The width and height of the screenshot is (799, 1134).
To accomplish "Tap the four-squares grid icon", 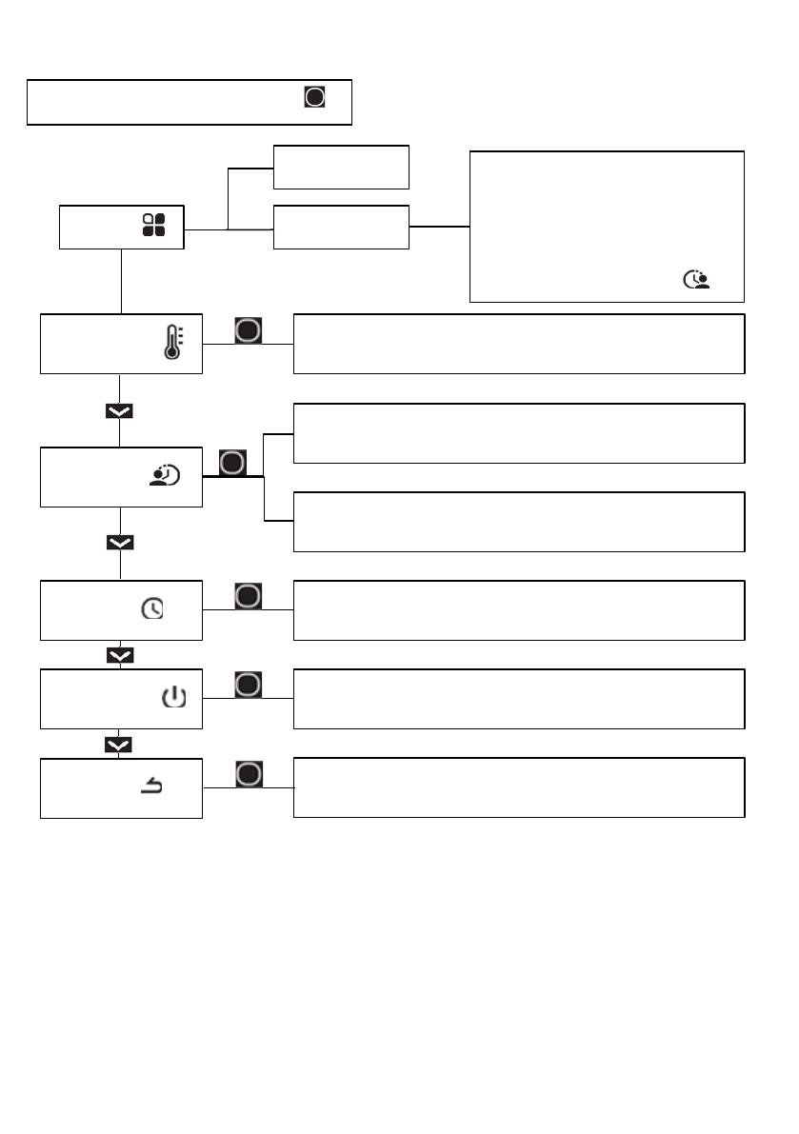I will (153, 225).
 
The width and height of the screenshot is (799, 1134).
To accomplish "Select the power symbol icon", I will (173, 699).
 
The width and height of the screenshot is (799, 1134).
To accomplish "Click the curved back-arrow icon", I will (151, 786).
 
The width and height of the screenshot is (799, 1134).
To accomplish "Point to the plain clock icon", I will (152, 609).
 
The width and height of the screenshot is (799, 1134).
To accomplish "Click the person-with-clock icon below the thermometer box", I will (165, 476).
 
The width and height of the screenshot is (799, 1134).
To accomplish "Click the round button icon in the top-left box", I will (315, 97).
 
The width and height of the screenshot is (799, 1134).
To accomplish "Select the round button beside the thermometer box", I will (249, 329).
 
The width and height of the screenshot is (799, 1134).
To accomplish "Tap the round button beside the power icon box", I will (249, 685).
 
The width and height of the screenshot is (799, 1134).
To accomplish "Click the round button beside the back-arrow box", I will (249, 773).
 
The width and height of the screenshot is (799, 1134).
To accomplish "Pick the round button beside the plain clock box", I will (249, 596).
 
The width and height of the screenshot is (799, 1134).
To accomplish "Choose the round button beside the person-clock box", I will (233, 464).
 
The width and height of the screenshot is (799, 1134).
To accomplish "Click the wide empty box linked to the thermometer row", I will (519, 343).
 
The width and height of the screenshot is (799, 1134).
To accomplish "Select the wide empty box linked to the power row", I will (519, 699).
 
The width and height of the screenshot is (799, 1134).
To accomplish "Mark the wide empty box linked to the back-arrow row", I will (519, 787).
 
